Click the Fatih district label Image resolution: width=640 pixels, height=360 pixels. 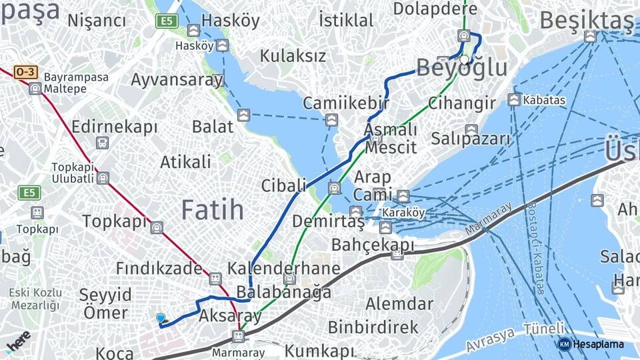(x=213, y=210)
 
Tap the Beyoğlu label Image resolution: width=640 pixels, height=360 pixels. (x=462, y=68)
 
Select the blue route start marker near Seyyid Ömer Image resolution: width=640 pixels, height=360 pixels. (x=160, y=318)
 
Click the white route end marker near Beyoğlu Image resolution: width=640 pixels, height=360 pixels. (x=464, y=59)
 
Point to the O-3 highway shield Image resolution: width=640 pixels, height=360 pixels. (x=25, y=71)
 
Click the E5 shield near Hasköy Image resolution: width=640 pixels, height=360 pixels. (x=166, y=21)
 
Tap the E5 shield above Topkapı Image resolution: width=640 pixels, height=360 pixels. (x=29, y=193)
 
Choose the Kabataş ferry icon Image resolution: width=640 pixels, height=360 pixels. (x=514, y=100)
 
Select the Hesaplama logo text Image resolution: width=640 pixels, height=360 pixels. (x=598, y=344)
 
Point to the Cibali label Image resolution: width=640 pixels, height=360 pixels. (x=283, y=185)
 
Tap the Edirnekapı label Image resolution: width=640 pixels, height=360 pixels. (x=115, y=127)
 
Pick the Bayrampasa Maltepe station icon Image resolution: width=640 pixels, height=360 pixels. (x=35, y=88)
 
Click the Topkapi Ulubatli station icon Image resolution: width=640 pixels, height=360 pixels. (x=103, y=177)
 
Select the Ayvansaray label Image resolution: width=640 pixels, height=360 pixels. (x=177, y=80)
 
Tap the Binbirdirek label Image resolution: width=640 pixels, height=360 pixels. (x=373, y=327)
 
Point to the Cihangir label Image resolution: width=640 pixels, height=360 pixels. (x=462, y=103)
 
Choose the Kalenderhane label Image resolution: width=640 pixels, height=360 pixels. (x=284, y=269)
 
